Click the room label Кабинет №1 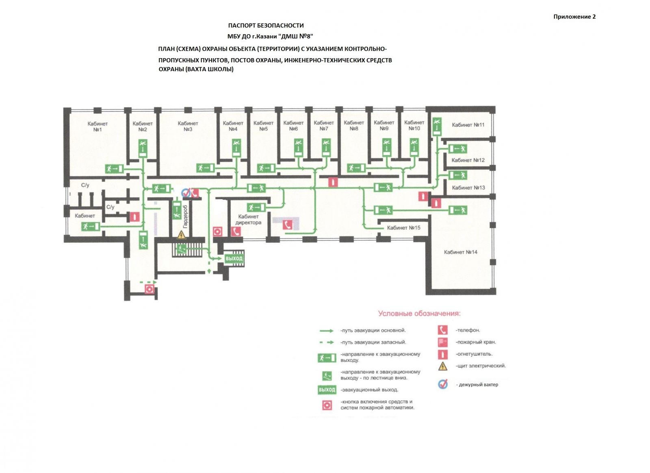point(97,126)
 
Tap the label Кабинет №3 point(188,126)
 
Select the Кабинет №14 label point(460,252)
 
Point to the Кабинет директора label point(248,220)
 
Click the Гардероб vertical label point(185,216)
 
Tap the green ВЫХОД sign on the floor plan point(234,259)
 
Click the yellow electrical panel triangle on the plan point(181,235)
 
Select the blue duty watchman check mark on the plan point(186,193)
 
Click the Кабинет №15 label point(403,228)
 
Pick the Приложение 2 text point(574,17)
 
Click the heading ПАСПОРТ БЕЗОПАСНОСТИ point(266,26)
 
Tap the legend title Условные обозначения point(419,314)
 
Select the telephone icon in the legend point(442,330)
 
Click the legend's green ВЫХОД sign point(327,390)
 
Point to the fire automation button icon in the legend point(327,405)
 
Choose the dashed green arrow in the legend point(327,342)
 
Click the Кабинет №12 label point(468,160)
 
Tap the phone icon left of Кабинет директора point(236,231)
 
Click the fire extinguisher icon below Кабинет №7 point(333,182)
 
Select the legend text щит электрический point(481,366)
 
